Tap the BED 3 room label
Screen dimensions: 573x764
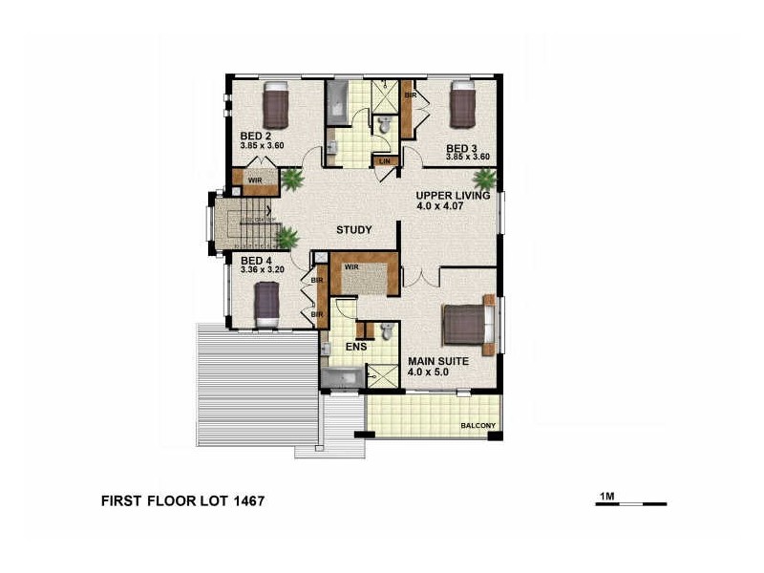click(461, 148)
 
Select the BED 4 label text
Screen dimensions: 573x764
click(255, 261)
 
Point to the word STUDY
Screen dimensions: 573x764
click(353, 230)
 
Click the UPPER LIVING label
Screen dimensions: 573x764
click(453, 196)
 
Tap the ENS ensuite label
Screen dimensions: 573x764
click(356, 347)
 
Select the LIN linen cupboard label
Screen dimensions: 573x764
click(385, 161)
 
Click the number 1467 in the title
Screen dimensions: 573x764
click(243, 499)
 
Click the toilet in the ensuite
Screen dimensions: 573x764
click(386, 330)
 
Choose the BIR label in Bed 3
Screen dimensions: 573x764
click(410, 95)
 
